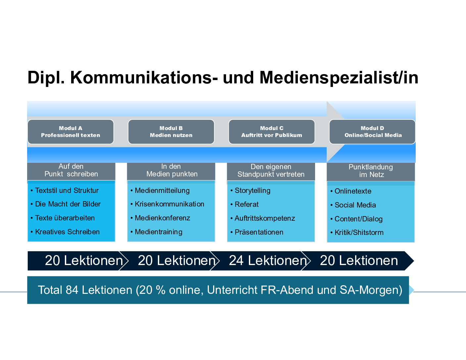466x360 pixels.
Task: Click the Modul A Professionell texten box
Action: [x=70, y=132]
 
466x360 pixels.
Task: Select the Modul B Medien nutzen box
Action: [x=171, y=132]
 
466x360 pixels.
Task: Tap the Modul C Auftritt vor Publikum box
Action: [x=272, y=132]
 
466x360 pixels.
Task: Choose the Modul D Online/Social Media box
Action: [x=372, y=132]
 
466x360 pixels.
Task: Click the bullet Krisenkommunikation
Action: [x=167, y=204]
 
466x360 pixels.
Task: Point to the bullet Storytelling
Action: [x=251, y=191]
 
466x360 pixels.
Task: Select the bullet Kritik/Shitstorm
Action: [x=357, y=232]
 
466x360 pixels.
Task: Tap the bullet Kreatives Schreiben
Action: [x=65, y=232]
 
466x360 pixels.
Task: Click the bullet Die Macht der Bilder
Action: [x=66, y=204]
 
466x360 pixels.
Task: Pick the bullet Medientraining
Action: [x=157, y=232]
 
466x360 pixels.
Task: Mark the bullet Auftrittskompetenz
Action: [x=263, y=218]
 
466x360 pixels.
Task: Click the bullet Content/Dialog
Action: [x=356, y=219]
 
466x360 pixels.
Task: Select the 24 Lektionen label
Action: [x=268, y=260]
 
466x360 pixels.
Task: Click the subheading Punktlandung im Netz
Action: [x=371, y=171]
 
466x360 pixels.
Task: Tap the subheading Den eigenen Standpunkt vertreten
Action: [x=271, y=170]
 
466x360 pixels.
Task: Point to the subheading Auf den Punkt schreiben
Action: [x=71, y=170]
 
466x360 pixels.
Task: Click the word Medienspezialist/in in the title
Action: [x=339, y=78]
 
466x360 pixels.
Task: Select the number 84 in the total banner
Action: [x=72, y=290]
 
